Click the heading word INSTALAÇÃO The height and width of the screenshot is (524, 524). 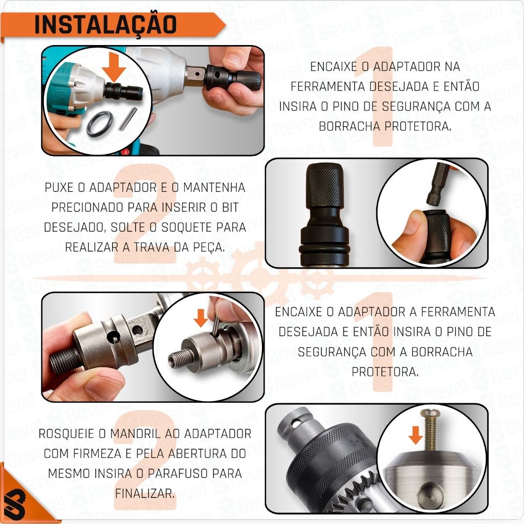tap(105, 25)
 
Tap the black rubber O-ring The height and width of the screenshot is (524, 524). tap(100, 124)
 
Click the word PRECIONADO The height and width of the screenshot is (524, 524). tap(87, 208)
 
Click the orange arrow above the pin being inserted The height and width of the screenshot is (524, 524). tap(201, 318)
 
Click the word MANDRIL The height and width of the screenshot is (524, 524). tap(131, 434)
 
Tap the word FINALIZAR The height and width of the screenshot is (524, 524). tap(145, 494)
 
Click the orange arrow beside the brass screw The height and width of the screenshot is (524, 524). tap(416, 435)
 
